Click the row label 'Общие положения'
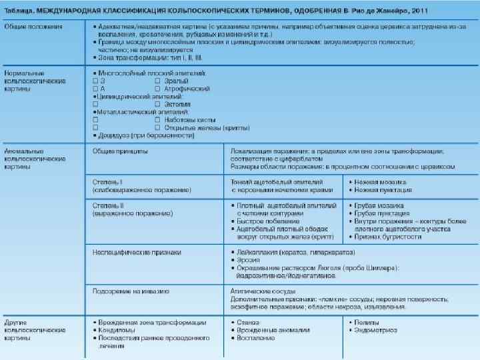click(33, 26)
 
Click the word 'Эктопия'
click(177, 104)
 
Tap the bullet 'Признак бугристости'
click(391, 237)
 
